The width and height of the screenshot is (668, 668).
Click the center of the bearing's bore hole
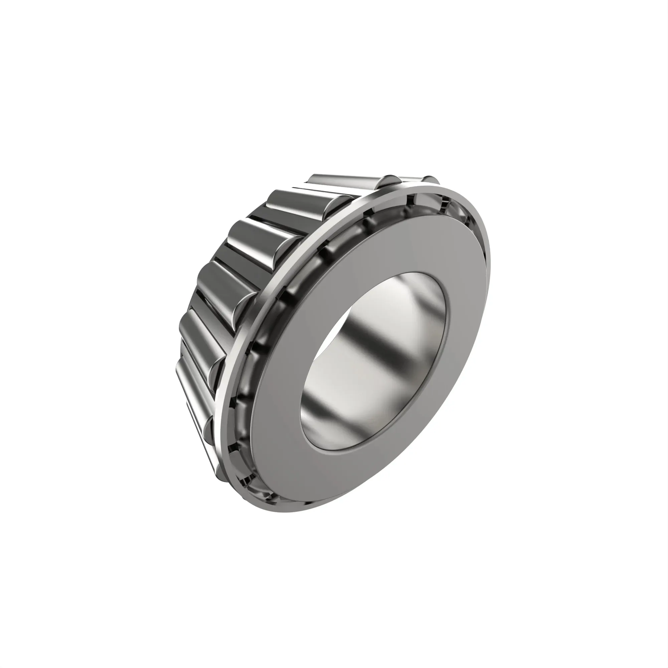click(x=373, y=363)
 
